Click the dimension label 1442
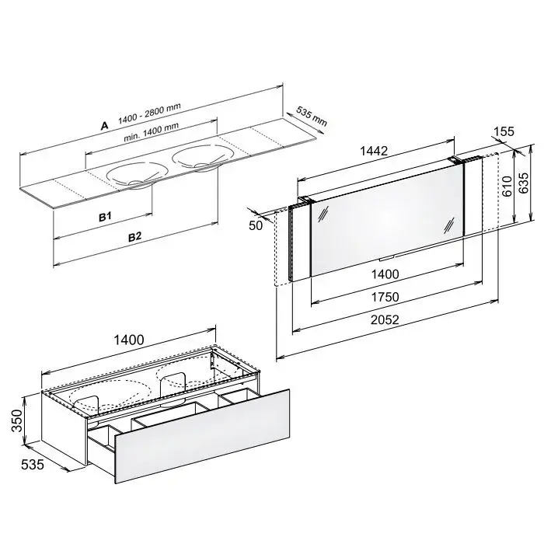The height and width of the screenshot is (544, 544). click(x=374, y=151)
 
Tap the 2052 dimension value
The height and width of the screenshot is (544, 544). click(x=385, y=319)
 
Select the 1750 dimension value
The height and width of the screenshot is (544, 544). click(x=385, y=297)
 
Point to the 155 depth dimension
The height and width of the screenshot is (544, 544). click(x=504, y=131)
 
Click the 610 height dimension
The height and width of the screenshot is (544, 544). click(x=507, y=187)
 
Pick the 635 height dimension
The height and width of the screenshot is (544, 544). click(x=523, y=183)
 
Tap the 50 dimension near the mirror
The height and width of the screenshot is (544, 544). click(x=256, y=225)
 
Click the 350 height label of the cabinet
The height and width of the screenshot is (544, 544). click(x=16, y=421)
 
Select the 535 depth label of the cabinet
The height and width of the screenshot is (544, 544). click(x=33, y=465)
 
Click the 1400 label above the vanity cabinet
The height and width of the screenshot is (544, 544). click(x=129, y=340)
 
